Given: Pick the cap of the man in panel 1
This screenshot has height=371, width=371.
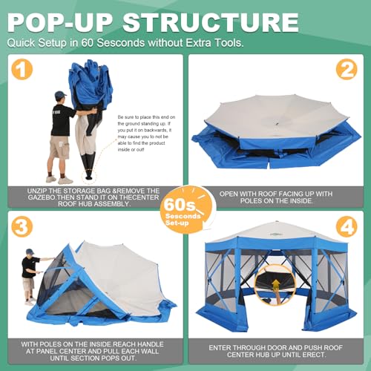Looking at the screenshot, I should tap(59, 95).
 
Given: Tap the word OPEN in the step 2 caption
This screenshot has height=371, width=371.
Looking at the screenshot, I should tap(231, 192).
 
